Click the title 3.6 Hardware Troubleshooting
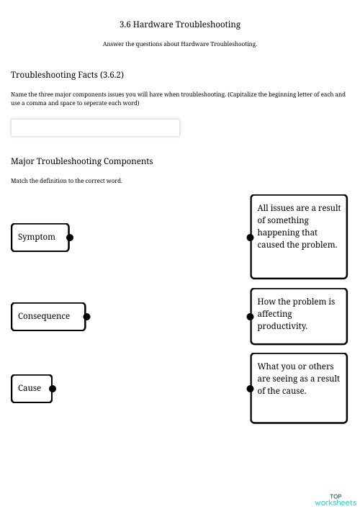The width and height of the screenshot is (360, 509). coord(180,24)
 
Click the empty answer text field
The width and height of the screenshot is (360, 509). coord(95,127)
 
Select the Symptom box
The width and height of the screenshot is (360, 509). coord(40,237)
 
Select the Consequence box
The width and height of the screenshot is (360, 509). coord(48,316)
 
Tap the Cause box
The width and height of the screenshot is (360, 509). coord(32,388)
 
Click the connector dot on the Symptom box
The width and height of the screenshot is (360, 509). coord(70,237)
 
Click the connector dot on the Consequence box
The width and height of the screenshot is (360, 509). coord(86,316)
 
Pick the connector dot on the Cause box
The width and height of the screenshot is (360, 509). coord(53,389)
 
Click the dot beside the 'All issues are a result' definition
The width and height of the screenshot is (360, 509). coord(250,237)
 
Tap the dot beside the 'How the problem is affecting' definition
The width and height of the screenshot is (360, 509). coord(250,316)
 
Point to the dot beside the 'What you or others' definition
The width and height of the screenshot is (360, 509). coord(250,389)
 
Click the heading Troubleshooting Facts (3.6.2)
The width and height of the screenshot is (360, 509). coord(67,75)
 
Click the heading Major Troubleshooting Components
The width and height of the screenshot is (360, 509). coord(81,161)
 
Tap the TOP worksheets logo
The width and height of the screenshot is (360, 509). coord(336,500)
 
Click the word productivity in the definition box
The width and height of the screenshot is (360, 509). coord(282,326)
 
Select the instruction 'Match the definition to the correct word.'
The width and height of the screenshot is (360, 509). coord(66,181)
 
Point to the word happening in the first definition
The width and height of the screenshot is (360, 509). coord(278,233)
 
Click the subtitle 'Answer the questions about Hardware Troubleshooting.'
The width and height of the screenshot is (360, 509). coord(180,44)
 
